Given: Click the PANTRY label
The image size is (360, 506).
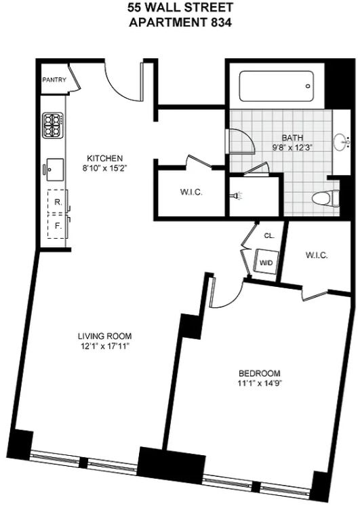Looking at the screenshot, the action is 54,80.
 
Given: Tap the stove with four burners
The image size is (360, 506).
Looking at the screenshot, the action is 53,125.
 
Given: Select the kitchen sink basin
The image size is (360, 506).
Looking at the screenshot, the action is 55,170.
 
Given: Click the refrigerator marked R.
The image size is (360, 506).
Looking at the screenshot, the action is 58,201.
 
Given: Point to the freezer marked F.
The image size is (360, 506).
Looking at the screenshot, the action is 58,227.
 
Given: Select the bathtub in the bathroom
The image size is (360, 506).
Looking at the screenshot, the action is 277,86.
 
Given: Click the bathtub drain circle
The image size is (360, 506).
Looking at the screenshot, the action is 308,86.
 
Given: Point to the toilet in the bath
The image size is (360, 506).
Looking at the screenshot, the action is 326,197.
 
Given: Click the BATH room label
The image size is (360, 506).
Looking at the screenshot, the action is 293,138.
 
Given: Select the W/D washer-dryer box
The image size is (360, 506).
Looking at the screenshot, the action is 266,262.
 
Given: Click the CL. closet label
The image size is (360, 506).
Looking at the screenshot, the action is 269,236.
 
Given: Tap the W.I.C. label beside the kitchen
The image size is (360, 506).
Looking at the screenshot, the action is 191,193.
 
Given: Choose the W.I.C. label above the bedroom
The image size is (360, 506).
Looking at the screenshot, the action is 317,256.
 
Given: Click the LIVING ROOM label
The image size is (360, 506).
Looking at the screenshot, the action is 105,336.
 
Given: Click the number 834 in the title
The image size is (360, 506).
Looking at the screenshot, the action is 221,23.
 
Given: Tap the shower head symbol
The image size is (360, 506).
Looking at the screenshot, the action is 237,195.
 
